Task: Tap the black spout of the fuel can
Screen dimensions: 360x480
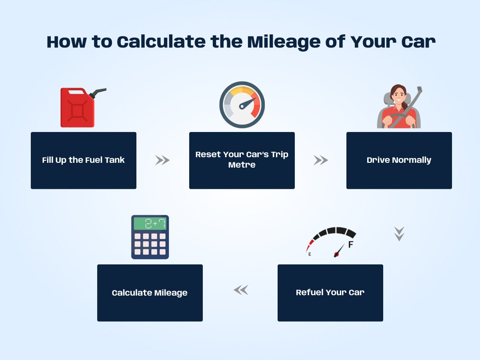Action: (x=98, y=93)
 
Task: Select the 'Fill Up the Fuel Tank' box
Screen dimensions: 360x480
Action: (x=83, y=160)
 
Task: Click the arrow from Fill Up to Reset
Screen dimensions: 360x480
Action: (x=162, y=160)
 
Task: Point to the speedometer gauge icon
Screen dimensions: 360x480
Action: (x=242, y=105)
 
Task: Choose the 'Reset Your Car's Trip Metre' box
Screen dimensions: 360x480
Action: (x=242, y=160)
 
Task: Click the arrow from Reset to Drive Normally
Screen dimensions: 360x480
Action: (x=321, y=160)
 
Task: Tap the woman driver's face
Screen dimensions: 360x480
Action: (x=398, y=95)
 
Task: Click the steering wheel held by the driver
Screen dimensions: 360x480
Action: (x=398, y=119)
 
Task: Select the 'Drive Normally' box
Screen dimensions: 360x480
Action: (x=399, y=160)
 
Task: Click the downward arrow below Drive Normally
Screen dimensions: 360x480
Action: (x=399, y=234)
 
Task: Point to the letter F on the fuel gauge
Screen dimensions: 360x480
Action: (x=351, y=245)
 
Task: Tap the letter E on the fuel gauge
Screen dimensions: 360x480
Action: (x=309, y=254)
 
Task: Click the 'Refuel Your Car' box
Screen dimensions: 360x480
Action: (x=330, y=292)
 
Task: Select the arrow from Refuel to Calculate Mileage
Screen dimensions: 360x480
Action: (x=241, y=290)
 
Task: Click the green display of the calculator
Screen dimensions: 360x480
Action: (x=150, y=223)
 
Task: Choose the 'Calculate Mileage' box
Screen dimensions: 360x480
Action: (x=150, y=293)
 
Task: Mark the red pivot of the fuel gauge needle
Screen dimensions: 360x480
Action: (x=336, y=254)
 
